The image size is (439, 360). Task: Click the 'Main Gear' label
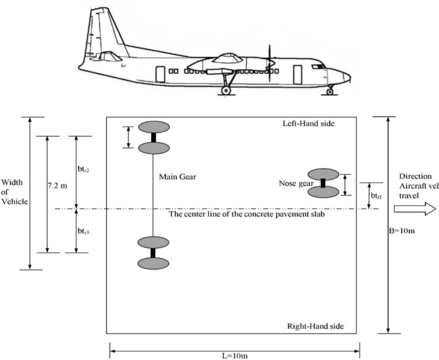coord(178,177)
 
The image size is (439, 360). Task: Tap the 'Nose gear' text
coord(296,184)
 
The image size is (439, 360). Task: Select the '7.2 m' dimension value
coord(58,186)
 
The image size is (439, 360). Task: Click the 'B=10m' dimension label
coord(402,231)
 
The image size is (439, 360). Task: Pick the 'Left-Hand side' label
coord(308,124)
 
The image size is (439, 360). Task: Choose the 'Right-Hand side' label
coord(315,326)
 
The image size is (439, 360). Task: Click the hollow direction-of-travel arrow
coord(415,209)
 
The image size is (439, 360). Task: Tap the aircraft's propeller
coord(270,63)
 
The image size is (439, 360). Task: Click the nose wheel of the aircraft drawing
coord(330,92)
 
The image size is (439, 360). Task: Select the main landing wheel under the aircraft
coord(226,91)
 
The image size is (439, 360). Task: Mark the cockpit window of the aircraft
coord(319,67)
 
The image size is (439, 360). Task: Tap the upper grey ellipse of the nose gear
coord(324,174)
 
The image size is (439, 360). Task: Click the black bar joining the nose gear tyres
coord(323,183)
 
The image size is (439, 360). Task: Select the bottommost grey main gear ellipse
coord(153,263)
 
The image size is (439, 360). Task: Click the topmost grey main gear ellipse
coord(154,127)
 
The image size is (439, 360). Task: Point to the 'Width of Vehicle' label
coord(15,192)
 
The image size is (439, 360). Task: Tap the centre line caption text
coord(247,215)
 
